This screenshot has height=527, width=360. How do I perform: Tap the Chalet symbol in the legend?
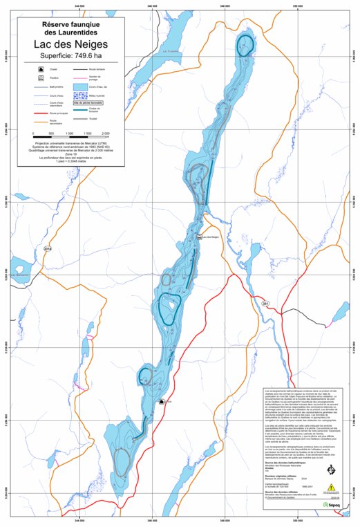click(x=41, y=70)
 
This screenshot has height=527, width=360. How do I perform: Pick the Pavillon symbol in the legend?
click(x=41, y=79)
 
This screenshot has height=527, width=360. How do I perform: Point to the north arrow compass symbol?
click(x=330, y=470)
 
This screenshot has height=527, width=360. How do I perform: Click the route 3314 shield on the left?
click(x=48, y=248)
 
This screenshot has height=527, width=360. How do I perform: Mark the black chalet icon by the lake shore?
click(x=160, y=399)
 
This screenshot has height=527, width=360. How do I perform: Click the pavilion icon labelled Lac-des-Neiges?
click(x=200, y=237)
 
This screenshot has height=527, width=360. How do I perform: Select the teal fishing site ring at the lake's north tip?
click(x=245, y=45)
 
